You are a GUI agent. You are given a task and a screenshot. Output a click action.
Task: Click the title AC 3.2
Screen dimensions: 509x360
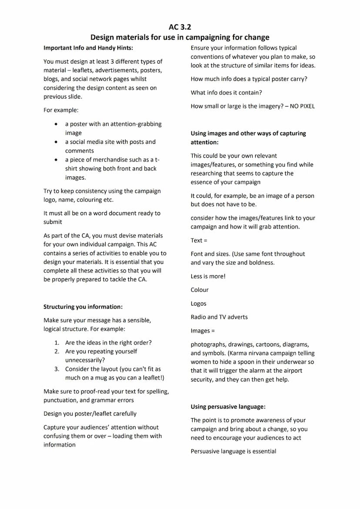tap(180, 27)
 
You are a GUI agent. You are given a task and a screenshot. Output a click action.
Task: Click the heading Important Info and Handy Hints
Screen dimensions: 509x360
tap(88, 48)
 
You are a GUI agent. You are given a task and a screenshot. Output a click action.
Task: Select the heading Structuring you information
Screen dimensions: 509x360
tap(83, 306)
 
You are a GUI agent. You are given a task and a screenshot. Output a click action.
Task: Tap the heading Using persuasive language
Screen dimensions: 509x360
tap(228, 406)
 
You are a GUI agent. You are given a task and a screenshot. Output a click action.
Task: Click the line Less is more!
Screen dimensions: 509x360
tap(208, 276)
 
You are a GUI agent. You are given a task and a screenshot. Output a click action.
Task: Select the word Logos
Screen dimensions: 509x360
tap(198, 303)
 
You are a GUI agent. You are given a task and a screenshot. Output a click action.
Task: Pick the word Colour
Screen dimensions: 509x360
tap(200, 289)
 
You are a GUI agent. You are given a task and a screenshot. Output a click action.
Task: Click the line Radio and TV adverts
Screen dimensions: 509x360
tap(219, 317)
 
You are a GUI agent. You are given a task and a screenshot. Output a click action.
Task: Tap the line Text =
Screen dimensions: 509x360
tap(199, 240)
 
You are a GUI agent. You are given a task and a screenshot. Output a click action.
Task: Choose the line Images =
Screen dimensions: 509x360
tap(203, 331)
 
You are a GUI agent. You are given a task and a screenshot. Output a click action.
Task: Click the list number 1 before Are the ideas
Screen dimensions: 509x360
tap(57, 343)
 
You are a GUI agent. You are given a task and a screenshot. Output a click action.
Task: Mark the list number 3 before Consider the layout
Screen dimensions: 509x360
tap(57, 369)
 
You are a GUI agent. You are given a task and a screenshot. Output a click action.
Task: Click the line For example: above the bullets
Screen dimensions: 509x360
tap(61, 110)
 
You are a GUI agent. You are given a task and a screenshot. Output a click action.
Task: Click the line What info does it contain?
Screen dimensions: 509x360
tap(226, 93)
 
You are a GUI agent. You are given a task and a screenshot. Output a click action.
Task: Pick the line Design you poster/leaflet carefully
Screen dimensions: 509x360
tap(90, 413)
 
